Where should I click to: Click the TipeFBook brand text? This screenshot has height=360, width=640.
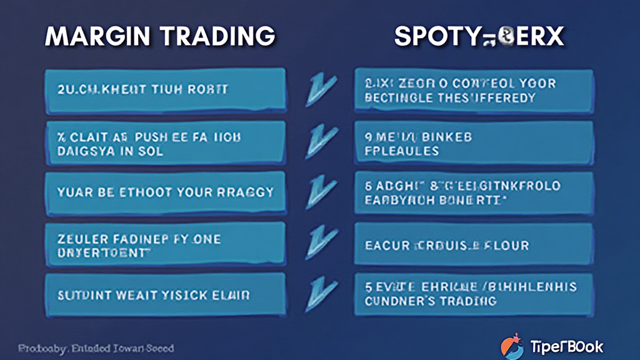tap(567, 346)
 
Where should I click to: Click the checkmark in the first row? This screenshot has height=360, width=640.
tap(320, 90)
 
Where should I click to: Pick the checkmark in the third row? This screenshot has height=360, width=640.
tap(320, 192)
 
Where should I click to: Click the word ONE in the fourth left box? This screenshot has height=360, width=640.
tap(206, 238)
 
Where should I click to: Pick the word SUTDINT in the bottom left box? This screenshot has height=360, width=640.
tap(82, 294)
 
